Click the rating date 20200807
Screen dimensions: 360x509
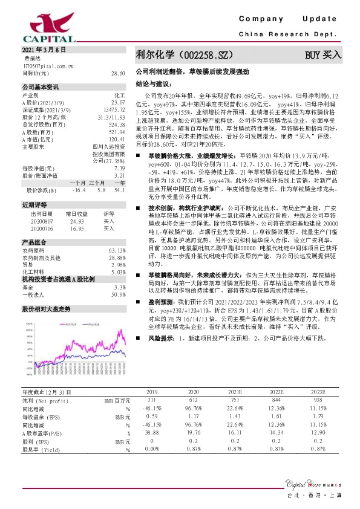(x=41, y=221)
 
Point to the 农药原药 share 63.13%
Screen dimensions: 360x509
(x=117, y=250)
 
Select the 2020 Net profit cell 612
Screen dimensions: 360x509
(x=193, y=400)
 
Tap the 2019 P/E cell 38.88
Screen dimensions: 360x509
(x=152, y=434)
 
